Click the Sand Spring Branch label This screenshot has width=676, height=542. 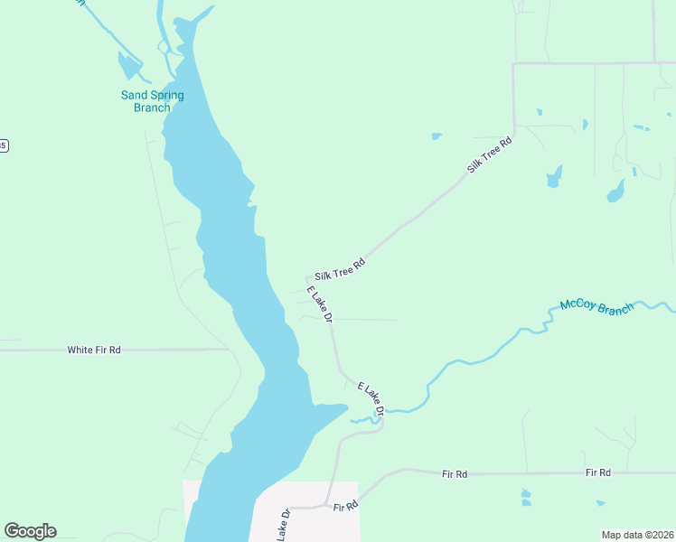[153, 101]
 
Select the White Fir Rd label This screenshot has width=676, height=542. [94, 350]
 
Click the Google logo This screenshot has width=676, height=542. [30, 531]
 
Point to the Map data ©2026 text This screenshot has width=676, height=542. [638, 534]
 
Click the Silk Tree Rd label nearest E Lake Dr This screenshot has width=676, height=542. [340, 269]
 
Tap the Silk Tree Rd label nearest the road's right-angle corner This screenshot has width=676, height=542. [490, 155]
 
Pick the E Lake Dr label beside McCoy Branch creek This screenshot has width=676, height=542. [371, 399]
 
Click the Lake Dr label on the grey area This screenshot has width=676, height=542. [283, 525]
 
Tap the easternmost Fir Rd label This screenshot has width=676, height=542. [598, 472]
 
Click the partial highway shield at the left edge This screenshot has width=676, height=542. [3, 145]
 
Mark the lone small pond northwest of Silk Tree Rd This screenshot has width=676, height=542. [437, 136]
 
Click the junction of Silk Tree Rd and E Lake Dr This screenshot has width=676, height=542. [309, 278]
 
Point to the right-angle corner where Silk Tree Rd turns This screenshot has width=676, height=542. [513, 63]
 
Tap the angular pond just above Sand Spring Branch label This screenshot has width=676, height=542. [130, 66]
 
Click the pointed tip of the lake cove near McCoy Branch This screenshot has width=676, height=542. [348, 407]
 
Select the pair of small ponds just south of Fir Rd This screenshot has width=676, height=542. [526, 497]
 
